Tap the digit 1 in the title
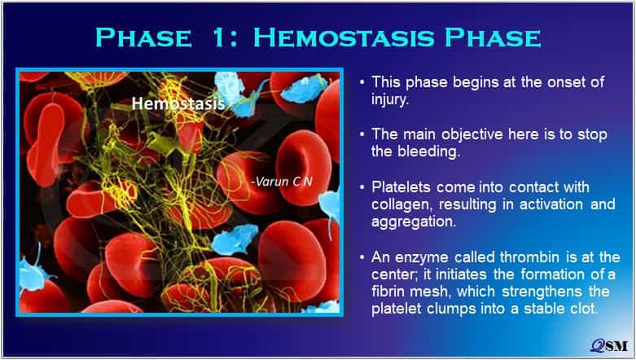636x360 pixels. pyautogui.click(x=218, y=37)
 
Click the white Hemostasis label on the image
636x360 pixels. pyautogui.click(x=178, y=103)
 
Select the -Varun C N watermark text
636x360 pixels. pyautogui.click(x=282, y=182)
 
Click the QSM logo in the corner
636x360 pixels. pyautogui.click(x=609, y=345)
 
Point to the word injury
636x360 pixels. pyautogui.click(x=390, y=100)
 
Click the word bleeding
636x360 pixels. pyautogui.click(x=428, y=151)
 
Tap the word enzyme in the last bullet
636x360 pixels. pyautogui.click(x=421, y=257)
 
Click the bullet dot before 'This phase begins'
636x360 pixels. pyautogui.click(x=362, y=82)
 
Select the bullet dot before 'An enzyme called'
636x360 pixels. pyautogui.click(x=362, y=257)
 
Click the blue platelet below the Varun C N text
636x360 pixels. pyautogui.click(x=235, y=239)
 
